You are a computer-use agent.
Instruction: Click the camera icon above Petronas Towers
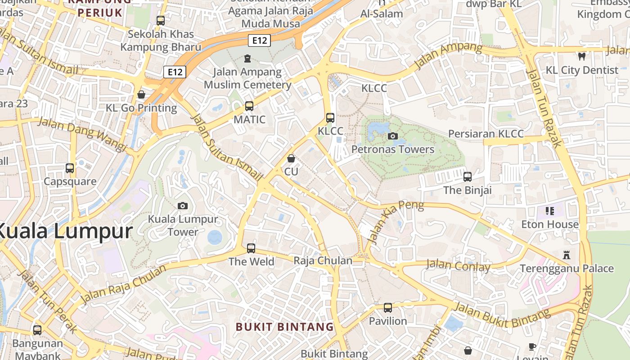(393, 136)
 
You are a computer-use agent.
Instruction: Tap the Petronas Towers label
(393, 149)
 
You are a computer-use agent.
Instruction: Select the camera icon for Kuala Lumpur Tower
(183, 206)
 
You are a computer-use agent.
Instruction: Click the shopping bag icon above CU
(291, 158)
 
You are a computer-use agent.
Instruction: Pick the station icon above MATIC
(249, 106)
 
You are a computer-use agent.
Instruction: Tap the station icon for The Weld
(251, 248)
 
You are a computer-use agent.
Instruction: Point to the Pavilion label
(388, 321)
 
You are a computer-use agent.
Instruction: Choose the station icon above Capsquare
(70, 168)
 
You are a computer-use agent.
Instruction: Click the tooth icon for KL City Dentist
(581, 57)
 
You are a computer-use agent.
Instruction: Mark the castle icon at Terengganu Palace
(567, 255)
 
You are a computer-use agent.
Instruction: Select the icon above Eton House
(549, 211)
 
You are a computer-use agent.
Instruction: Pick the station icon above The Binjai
(468, 177)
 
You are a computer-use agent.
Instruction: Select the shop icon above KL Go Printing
(141, 94)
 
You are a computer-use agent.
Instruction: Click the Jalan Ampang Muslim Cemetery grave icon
(247, 58)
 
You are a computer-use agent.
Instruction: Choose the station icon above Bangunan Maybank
(37, 330)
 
